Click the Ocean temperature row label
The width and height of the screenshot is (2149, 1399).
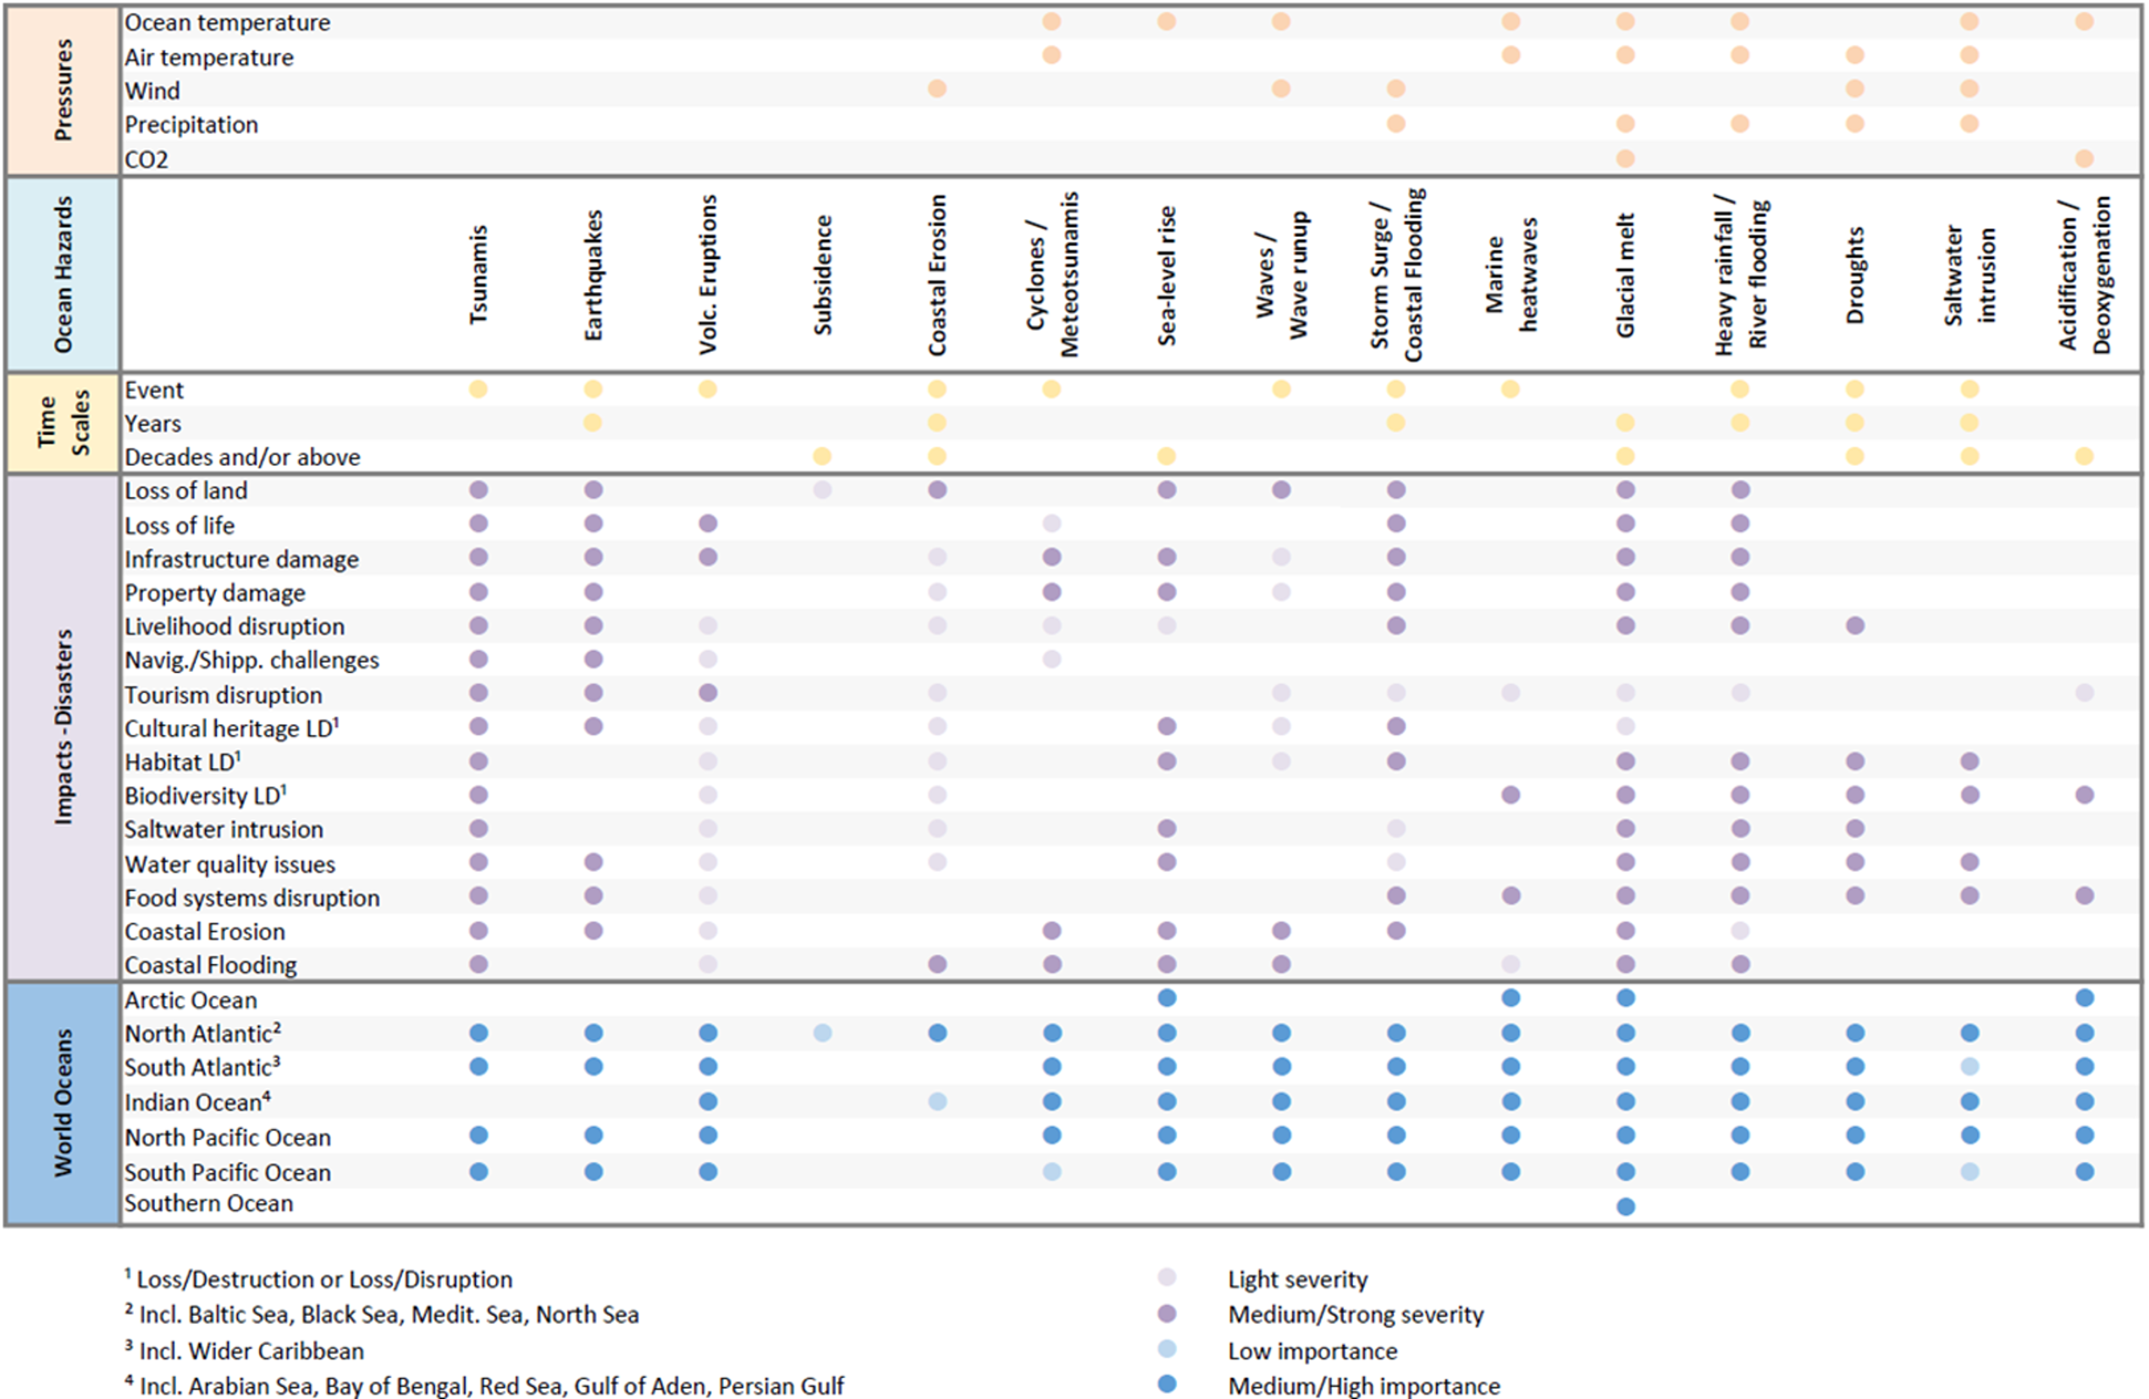tap(228, 23)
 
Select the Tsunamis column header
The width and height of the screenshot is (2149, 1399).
tap(478, 274)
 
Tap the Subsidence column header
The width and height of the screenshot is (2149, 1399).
tap(822, 274)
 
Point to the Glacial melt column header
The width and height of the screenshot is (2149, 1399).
tap(1625, 274)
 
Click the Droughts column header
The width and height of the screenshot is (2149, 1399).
tap(1854, 274)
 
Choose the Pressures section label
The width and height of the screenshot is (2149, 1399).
tap(63, 90)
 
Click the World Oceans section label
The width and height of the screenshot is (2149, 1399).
tap(63, 1102)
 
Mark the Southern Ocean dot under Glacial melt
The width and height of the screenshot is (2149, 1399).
tap(1625, 1206)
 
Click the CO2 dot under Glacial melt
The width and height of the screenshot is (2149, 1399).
tap(1625, 159)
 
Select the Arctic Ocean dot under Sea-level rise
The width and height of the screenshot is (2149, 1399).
tap(1167, 997)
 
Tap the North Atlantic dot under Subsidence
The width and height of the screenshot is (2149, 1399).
tap(822, 1033)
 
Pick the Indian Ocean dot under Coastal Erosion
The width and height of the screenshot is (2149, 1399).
tap(937, 1101)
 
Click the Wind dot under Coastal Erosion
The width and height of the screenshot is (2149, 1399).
tap(937, 89)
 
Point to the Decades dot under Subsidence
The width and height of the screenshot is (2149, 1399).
tap(821, 456)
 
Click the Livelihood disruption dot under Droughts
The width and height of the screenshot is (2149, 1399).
tap(1854, 625)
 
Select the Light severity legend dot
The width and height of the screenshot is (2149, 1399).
tap(1167, 1277)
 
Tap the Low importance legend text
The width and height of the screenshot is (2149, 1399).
tap(1312, 1351)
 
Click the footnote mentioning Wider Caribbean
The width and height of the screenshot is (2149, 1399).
tap(244, 1350)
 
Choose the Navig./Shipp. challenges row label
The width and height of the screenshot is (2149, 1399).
tap(252, 661)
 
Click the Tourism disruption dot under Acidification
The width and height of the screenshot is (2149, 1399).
tap(2084, 692)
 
